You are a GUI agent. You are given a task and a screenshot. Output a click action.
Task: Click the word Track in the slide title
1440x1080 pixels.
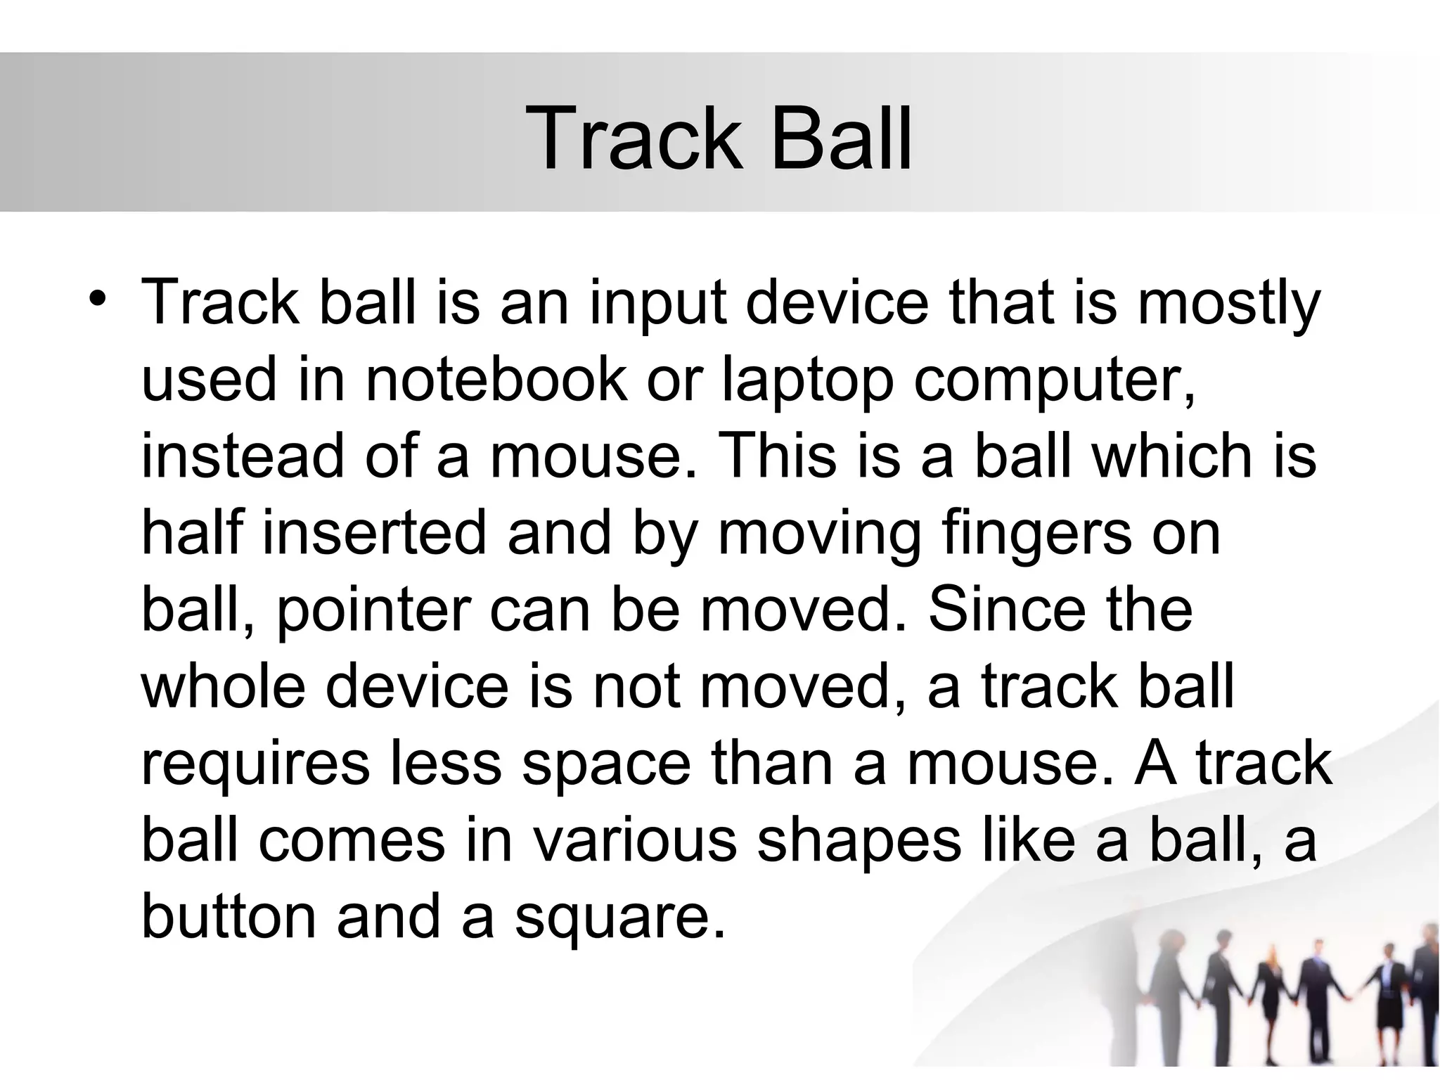(x=634, y=137)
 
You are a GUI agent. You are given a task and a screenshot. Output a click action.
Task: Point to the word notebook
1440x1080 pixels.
(x=496, y=380)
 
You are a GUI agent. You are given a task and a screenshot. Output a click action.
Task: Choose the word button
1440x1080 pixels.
(x=229, y=916)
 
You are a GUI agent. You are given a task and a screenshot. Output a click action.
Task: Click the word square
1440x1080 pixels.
(x=619, y=916)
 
